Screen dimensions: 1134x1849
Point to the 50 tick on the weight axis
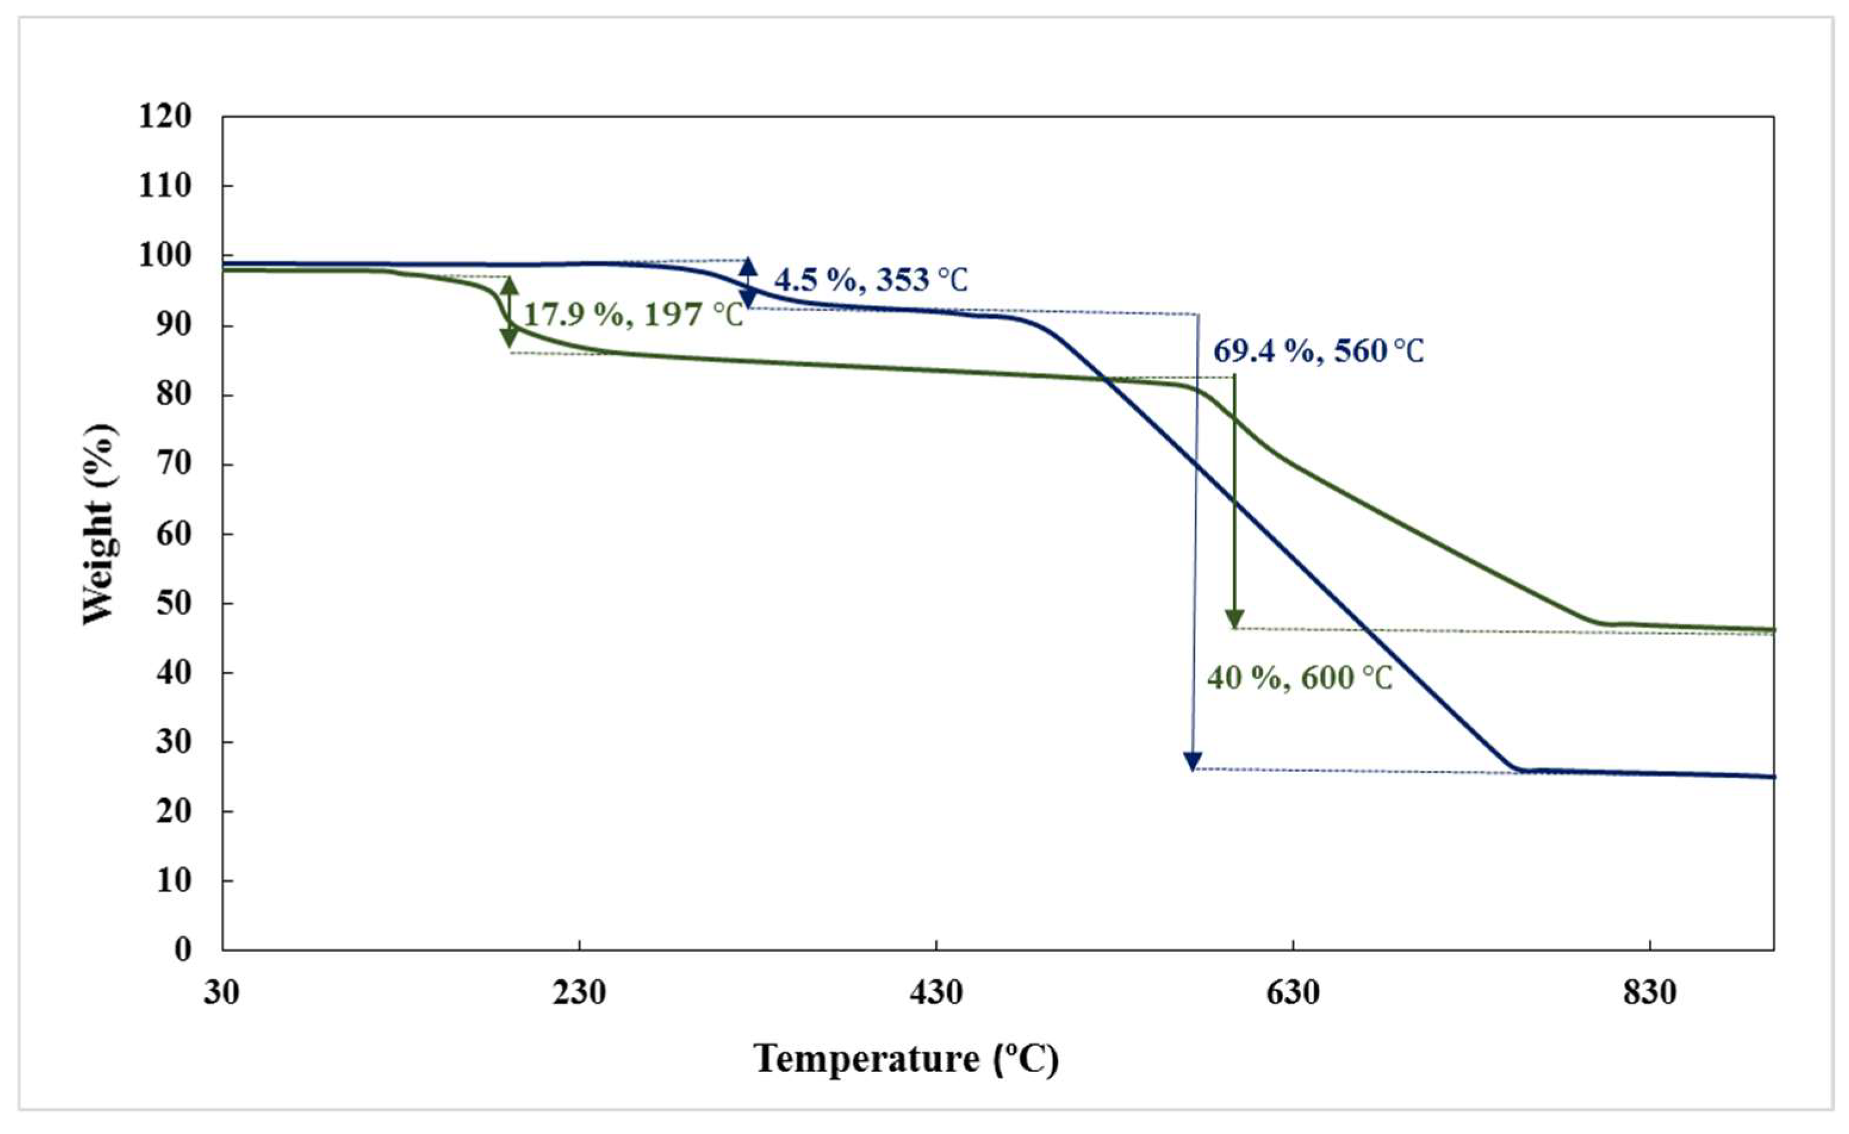point(174,603)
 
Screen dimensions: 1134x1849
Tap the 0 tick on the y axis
point(183,950)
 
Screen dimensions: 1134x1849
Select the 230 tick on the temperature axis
point(580,994)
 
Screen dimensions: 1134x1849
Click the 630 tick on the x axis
point(1293,994)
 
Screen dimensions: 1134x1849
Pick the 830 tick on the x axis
point(1649,994)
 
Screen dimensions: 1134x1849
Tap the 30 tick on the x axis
point(222,994)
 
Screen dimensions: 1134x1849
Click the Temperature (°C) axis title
point(907,1060)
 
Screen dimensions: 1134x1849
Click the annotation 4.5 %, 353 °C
point(870,280)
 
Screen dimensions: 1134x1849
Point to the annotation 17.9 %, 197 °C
point(633,315)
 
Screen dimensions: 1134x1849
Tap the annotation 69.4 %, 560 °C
point(1318,351)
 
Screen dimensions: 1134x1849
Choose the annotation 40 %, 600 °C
point(1299,678)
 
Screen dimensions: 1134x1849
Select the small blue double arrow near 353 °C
point(748,283)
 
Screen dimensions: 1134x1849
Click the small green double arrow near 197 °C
point(509,312)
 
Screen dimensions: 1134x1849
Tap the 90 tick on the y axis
point(174,326)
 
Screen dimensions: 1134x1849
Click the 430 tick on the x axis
point(936,994)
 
